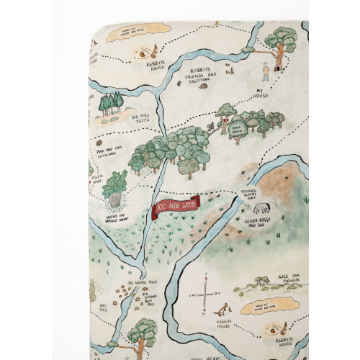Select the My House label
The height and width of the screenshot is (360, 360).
[x=265, y=94]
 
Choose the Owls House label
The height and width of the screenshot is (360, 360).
[x=238, y=130]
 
